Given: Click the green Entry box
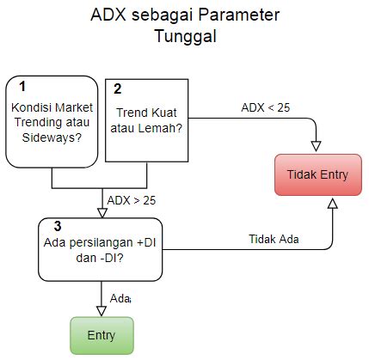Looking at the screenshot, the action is click(x=101, y=335).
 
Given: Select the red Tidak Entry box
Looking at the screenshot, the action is click(x=318, y=174).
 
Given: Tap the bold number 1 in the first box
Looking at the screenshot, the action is click(x=22, y=86).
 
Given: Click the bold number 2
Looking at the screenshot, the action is click(x=117, y=89).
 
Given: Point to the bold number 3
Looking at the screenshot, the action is click(x=58, y=226).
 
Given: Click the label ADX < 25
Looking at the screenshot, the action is click(x=266, y=107).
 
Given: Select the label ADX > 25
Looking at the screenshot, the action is click(x=132, y=200).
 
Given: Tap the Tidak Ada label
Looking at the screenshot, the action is click(x=274, y=239).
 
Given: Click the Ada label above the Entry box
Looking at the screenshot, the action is click(x=120, y=298).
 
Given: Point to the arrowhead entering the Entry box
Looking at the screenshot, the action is click(x=101, y=311).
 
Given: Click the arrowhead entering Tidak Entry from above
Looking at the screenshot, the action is click(x=316, y=146).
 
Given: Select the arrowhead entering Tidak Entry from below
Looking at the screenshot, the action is click(x=333, y=203).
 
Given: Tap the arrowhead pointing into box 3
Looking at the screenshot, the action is click(x=102, y=213).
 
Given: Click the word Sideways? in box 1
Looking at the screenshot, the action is click(x=52, y=137).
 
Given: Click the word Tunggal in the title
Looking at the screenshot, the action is click(x=186, y=36).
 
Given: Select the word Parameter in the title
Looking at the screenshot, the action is click(x=239, y=15).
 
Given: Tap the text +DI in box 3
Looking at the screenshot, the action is click(x=146, y=242).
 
